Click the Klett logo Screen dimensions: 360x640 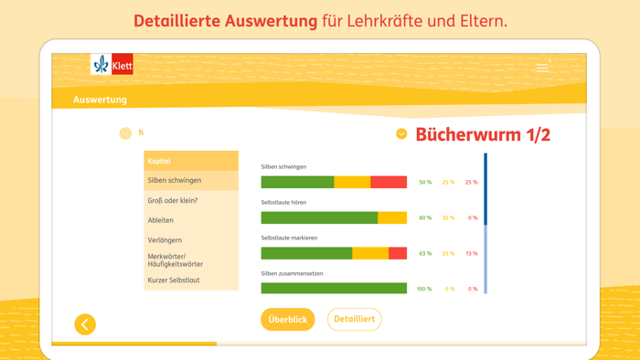[x=112, y=64]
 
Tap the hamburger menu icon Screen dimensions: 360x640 [x=542, y=67]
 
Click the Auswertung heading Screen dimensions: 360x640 [x=100, y=100]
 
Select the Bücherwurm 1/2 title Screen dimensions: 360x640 [x=483, y=135]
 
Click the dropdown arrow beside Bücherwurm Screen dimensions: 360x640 [x=401, y=134]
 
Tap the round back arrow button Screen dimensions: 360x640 [x=85, y=324]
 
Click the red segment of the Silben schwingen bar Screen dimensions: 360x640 [x=389, y=183]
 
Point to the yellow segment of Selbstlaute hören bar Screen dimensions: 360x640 [x=392, y=217]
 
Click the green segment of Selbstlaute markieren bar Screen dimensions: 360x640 [x=306, y=253]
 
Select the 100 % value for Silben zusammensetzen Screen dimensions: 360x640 [x=424, y=289]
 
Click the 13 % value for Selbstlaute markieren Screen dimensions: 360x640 [x=471, y=253]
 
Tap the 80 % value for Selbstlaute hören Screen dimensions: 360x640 [x=425, y=217]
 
